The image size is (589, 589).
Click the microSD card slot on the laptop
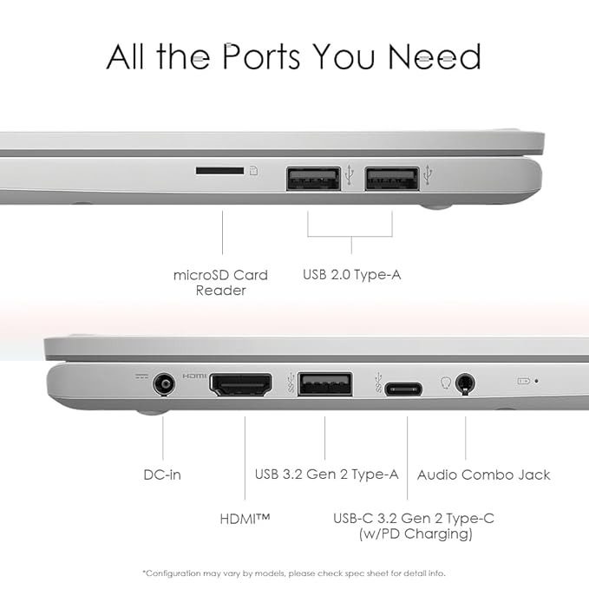(219, 171)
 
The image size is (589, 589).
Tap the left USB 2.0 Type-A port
(314, 179)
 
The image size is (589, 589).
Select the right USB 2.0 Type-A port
(392, 179)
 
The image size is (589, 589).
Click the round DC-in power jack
(164, 384)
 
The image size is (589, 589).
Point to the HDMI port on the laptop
(240, 384)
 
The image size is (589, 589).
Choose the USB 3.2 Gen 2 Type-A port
(325, 384)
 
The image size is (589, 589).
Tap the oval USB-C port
(403, 389)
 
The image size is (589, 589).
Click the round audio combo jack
(465, 384)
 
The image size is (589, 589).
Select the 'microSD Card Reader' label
(221, 283)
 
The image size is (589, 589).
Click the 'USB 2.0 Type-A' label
(352, 275)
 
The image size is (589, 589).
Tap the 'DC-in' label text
(162, 474)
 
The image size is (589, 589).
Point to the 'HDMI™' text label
(245, 519)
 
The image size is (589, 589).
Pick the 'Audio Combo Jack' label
(484, 474)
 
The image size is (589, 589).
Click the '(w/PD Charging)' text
(416, 533)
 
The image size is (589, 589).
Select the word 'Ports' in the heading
(261, 56)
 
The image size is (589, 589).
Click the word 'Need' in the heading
(435, 56)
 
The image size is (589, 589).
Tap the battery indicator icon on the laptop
(524, 381)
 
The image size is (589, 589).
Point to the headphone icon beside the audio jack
(446, 383)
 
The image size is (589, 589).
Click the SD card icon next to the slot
(254, 171)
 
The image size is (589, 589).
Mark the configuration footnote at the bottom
(294, 573)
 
